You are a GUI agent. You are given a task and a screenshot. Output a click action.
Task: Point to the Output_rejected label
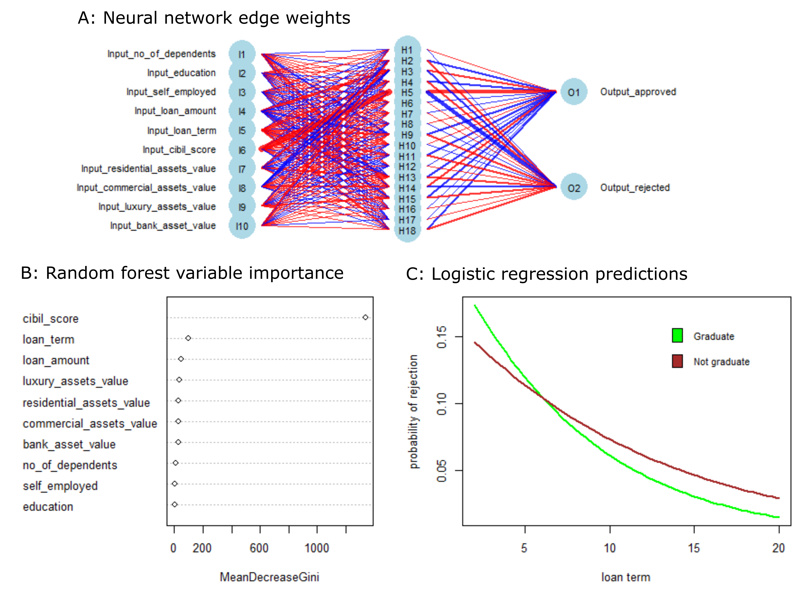coord(635,187)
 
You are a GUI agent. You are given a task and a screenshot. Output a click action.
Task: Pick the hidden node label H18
coord(407,231)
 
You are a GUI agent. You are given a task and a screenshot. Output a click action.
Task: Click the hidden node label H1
coord(407,50)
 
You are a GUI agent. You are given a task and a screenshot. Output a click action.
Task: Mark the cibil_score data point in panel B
coord(365,317)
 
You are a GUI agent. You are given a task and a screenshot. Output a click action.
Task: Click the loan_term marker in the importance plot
coord(188,338)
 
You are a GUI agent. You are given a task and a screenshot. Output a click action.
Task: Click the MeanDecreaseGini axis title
coord(269,577)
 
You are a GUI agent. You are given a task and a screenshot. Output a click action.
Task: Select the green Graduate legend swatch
coord(677,335)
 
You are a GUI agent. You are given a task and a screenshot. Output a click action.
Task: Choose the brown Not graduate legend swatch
coord(677,361)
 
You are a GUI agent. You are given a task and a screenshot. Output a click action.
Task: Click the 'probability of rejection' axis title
coord(413,412)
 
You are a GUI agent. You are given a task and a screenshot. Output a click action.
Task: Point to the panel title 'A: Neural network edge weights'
coord(214,18)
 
